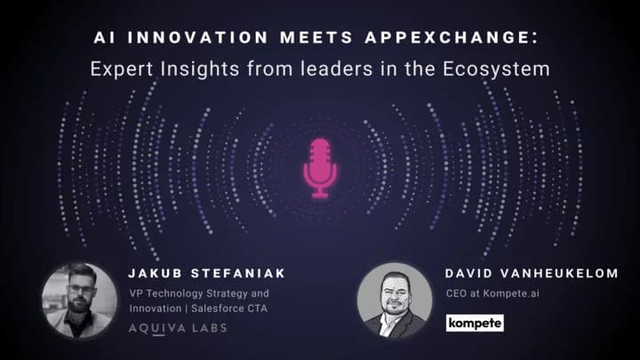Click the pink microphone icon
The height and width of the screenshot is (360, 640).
(320, 168)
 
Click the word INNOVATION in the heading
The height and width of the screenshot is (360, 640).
(197, 37)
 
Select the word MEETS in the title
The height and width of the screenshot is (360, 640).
(316, 37)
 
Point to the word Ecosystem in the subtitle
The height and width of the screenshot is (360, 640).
(496, 69)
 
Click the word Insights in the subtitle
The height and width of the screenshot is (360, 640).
(200, 69)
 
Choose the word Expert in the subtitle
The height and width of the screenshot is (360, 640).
(122, 69)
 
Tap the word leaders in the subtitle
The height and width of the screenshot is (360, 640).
(337, 68)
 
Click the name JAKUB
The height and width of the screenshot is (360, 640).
(155, 273)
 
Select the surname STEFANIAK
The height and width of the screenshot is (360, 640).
(238, 273)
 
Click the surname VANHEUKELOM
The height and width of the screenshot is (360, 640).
(559, 273)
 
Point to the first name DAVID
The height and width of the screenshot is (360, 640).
(469, 273)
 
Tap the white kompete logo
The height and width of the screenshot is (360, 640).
(475, 323)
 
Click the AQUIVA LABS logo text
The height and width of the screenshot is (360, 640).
(178, 328)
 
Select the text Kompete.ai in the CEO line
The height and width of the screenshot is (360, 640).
(511, 293)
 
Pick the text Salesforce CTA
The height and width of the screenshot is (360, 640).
(229, 308)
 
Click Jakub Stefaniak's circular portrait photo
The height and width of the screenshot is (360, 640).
(80, 300)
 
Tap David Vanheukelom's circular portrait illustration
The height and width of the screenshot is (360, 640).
(395, 300)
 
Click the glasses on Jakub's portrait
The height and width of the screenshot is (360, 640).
(80, 289)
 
